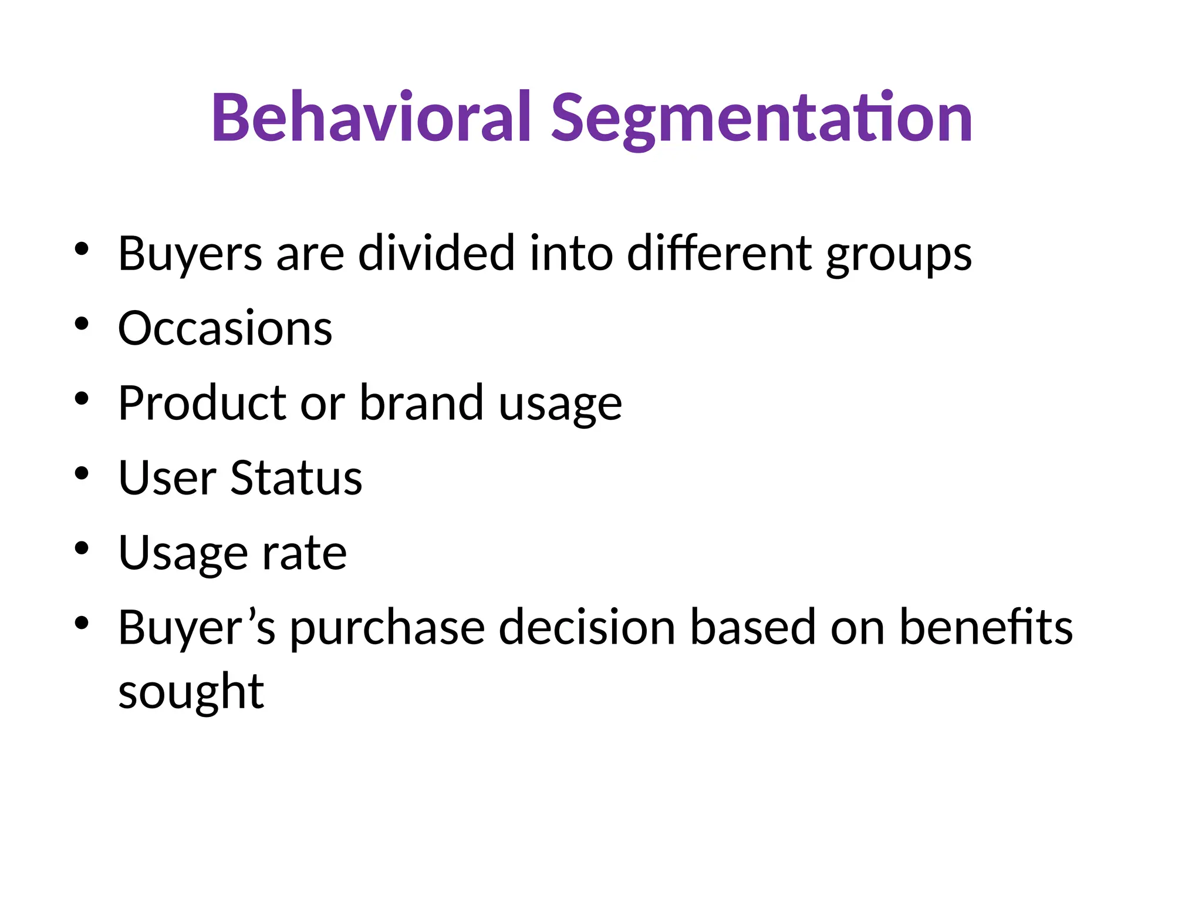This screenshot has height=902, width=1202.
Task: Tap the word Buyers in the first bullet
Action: pyautogui.click(x=190, y=254)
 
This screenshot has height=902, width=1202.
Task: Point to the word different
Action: pyautogui.click(x=720, y=254)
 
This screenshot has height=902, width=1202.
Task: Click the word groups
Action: pyautogui.click(x=899, y=256)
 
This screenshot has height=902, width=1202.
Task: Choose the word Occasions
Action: pyautogui.click(x=225, y=328)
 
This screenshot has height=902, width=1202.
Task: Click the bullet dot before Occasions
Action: pyautogui.click(x=82, y=324)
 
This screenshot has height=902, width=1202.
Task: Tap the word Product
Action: pyautogui.click(x=202, y=403)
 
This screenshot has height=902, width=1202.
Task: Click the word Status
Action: pyautogui.click(x=296, y=478)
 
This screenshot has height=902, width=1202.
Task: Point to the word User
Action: pyautogui.click(x=167, y=478)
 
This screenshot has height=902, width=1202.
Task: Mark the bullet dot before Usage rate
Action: pyautogui.click(x=82, y=548)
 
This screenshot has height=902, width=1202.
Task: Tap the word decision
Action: pyautogui.click(x=587, y=628)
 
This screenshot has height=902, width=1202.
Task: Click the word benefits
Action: pyautogui.click(x=985, y=628)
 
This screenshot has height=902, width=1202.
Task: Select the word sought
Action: pyautogui.click(x=191, y=693)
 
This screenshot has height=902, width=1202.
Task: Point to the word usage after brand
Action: pyautogui.click(x=560, y=405)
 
